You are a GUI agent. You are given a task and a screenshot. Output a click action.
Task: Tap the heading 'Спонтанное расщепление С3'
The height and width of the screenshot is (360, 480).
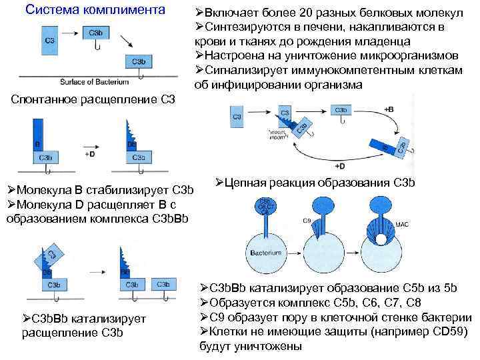[x=94, y=100]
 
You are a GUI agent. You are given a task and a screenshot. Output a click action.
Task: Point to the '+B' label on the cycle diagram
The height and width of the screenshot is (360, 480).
[x=389, y=109]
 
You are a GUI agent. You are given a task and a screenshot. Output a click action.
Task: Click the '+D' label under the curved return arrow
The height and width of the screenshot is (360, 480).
[x=340, y=165]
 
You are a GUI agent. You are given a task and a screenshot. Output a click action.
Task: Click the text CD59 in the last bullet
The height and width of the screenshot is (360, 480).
[x=445, y=333]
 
